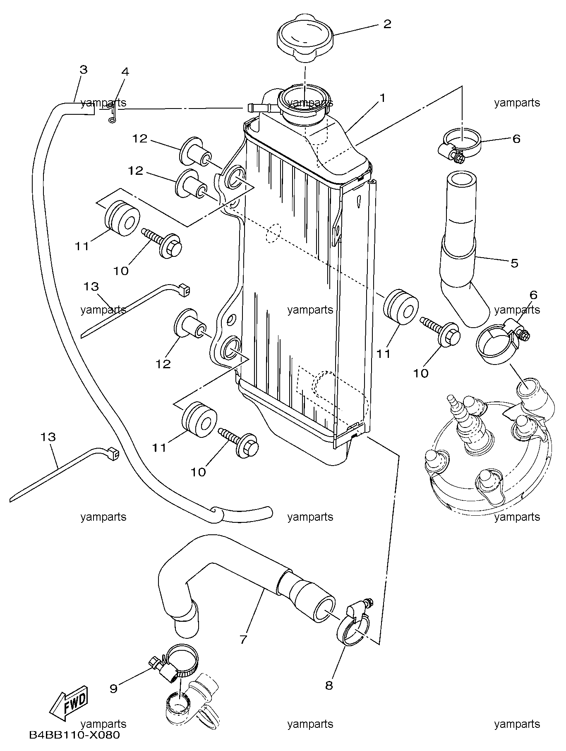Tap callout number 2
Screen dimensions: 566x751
[387, 24]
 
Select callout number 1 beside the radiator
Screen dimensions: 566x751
[383, 98]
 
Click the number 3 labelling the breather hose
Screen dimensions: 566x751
[84, 69]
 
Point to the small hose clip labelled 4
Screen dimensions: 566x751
[111, 113]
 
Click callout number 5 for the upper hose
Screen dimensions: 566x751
[514, 263]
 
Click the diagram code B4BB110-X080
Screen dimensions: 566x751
[74, 735]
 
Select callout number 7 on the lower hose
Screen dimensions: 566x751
[243, 639]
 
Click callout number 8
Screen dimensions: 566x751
[329, 686]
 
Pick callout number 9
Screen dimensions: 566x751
[114, 688]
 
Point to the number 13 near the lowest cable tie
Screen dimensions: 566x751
[48, 437]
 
